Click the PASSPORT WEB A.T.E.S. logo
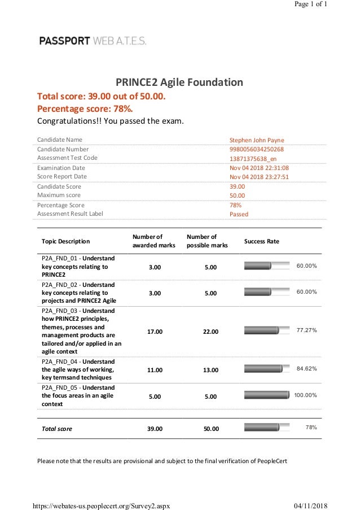click(93, 41)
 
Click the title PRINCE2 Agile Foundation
click(179, 82)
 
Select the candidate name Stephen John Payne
click(257, 140)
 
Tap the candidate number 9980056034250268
click(256, 149)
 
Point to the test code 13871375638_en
click(253, 158)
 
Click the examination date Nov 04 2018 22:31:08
click(259, 168)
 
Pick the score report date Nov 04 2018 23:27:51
click(259, 177)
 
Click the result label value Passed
click(239, 215)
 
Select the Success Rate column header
click(261, 241)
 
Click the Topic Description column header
click(65, 241)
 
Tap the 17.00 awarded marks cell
click(155, 332)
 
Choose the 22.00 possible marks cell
click(210, 332)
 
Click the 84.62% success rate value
click(306, 369)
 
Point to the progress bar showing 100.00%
click(266, 395)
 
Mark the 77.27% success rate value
click(306, 330)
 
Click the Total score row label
click(57, 429)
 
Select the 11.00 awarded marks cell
click(155, 370)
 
